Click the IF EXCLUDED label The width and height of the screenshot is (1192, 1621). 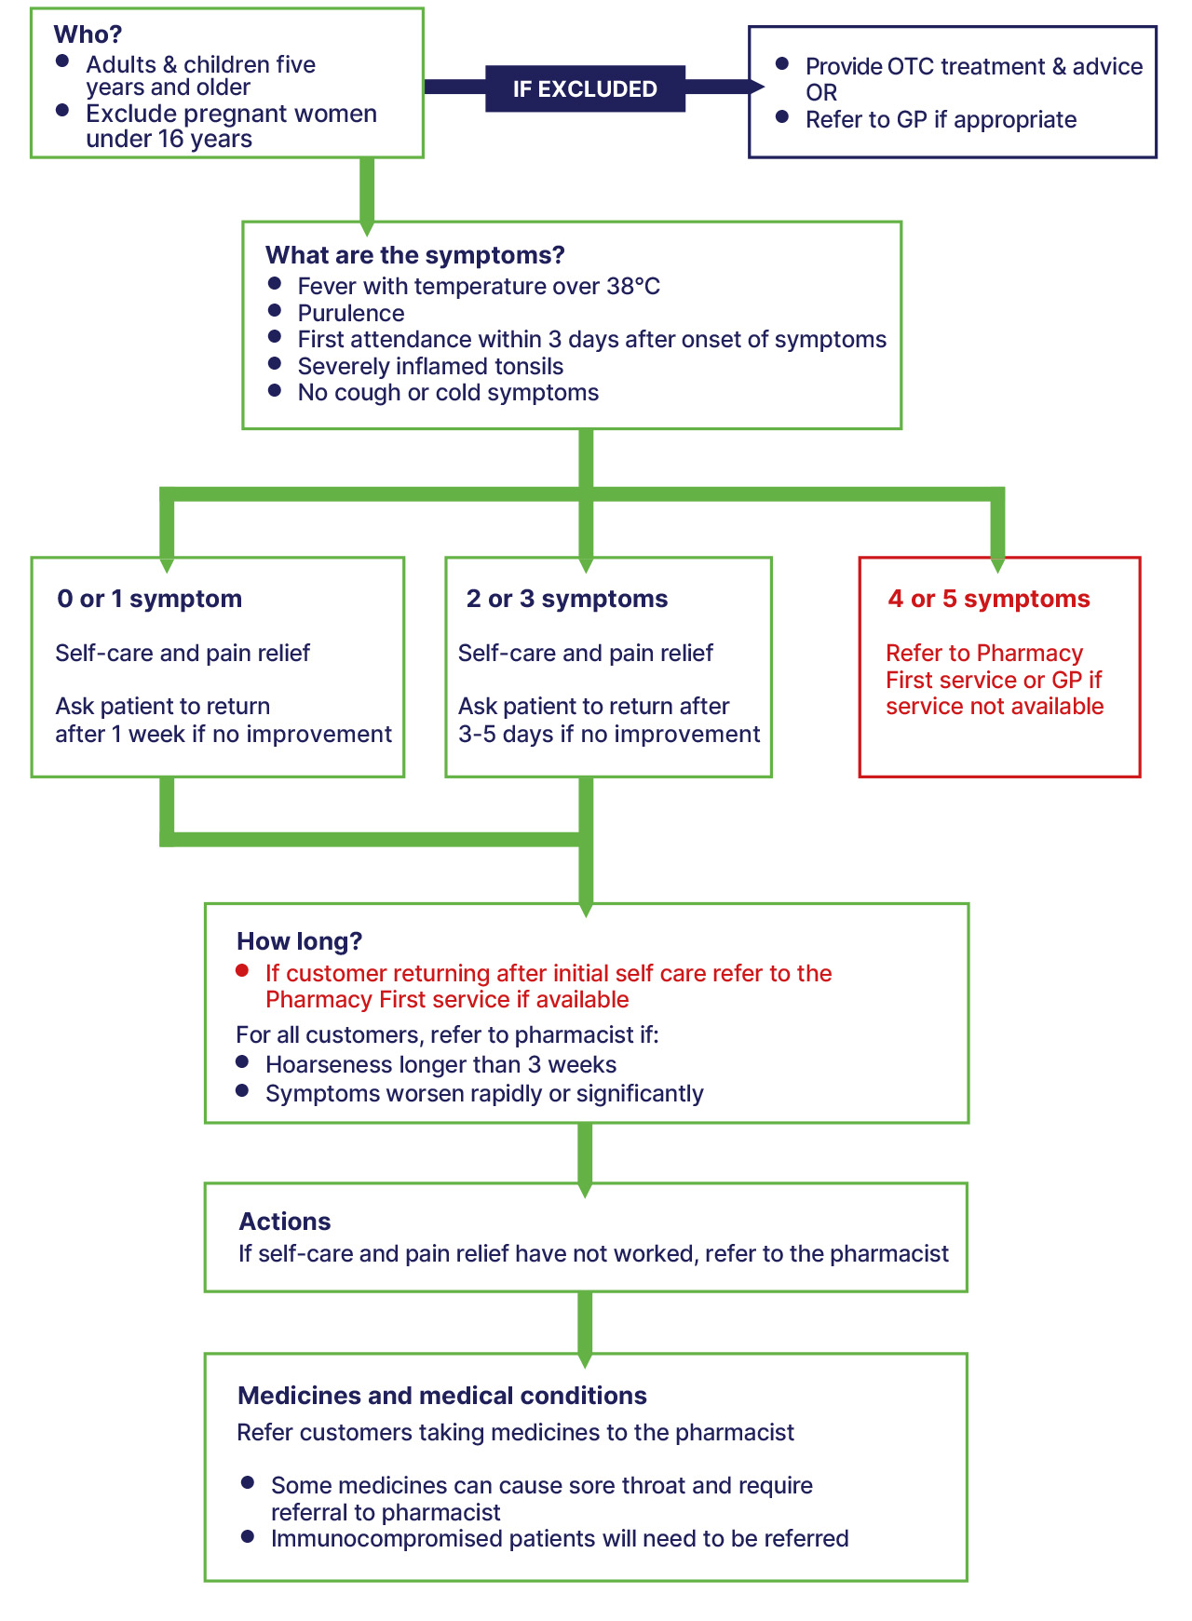point(585,89)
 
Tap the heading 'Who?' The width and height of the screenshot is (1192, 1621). point(88,34)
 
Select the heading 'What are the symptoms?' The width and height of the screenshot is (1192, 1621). point(414,255)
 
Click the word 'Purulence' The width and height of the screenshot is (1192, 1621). point(351,313)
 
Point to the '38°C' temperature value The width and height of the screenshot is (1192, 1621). point(633,286)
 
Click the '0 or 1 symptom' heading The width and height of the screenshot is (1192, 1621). point(149,599)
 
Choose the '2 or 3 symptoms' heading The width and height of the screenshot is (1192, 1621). point(567,599)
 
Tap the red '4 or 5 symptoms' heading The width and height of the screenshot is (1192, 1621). point(989,599)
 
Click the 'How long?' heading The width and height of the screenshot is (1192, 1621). point(299,941)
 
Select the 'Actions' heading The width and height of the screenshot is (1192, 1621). point(285,1222)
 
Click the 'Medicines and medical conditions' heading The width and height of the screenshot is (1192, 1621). point(442,1396)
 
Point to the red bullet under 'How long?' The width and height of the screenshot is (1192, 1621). point(243,971)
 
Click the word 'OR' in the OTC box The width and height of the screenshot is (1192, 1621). point(821,93)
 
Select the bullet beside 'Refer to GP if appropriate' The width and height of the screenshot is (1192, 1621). point(783,117)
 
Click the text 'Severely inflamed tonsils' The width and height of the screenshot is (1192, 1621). point(430,366)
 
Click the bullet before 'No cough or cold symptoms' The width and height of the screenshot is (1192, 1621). point(275,390)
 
